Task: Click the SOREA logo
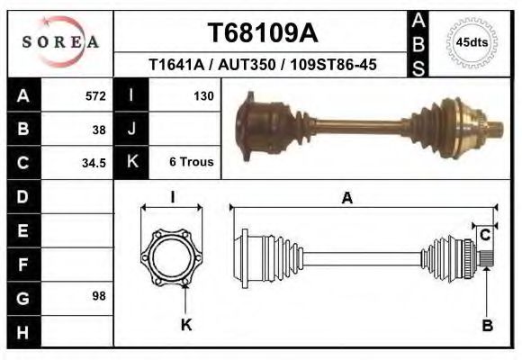(61, 41)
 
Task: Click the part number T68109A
(263, 32)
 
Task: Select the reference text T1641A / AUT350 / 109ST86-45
(263, 65)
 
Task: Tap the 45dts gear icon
(472, 42)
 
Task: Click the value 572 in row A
(95, 95)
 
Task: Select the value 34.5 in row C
(94, 163)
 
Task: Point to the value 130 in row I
(202, 95)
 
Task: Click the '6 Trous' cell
(191, 163)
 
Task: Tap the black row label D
(22, 195)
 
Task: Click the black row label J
(131, 129)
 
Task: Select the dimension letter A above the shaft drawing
(346, 199)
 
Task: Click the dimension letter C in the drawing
(485, 236)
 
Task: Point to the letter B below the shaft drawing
(487, 326)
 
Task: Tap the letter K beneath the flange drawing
(186, 325)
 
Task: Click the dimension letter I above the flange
(172, 197)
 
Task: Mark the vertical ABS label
(418, 42)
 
